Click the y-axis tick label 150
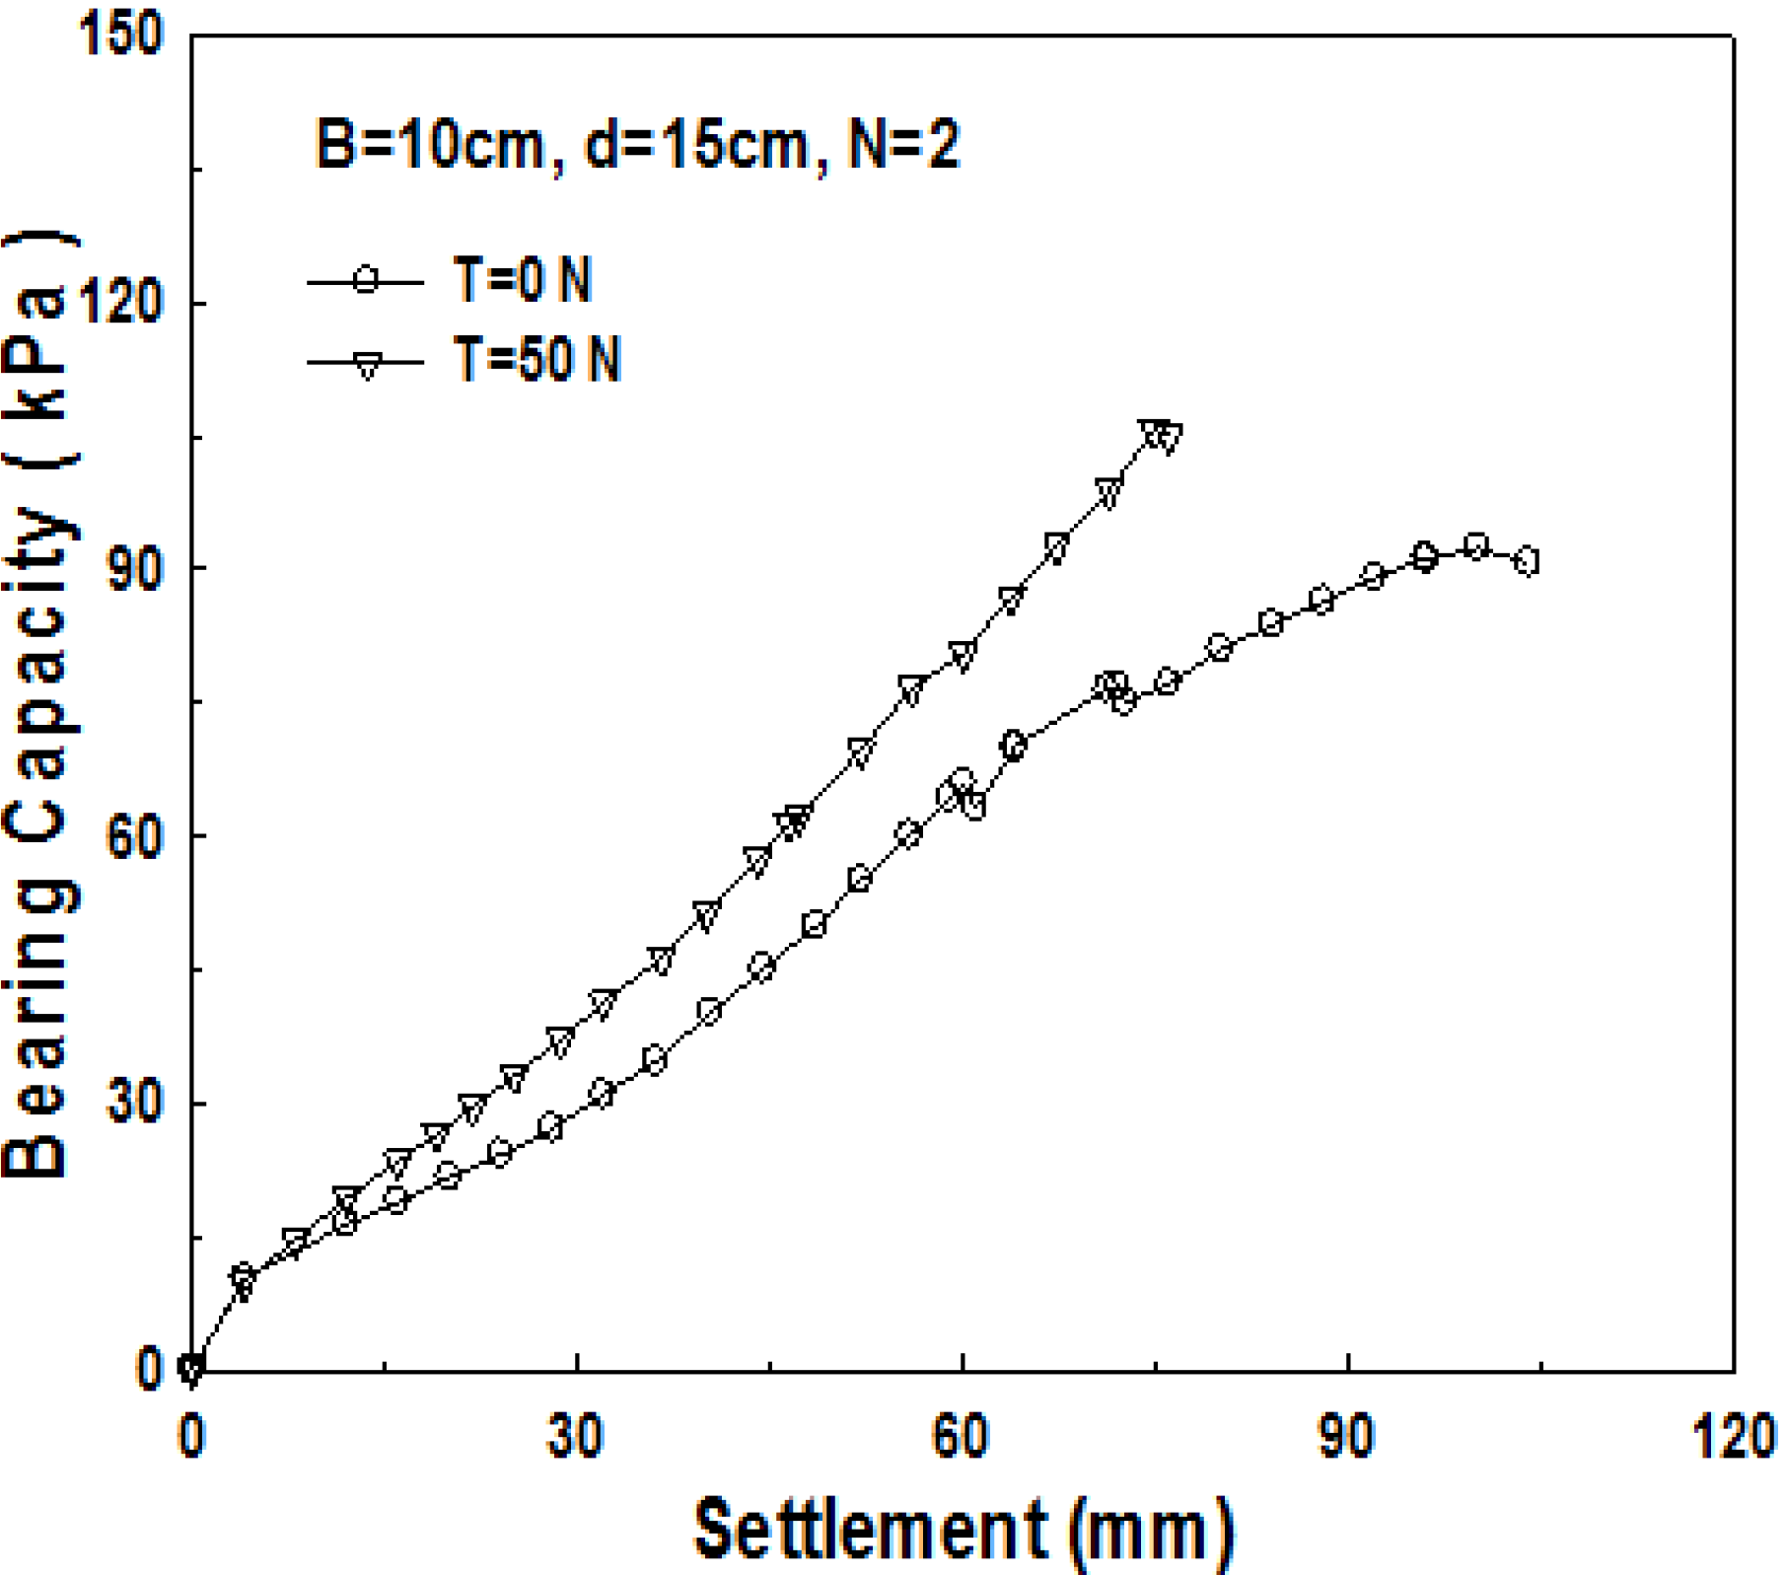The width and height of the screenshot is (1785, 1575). pyautogui.click(x=119, y=36)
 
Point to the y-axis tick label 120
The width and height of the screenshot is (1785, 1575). pyautogui.click(x=119, y=302)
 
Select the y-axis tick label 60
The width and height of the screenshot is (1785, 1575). pyautogui.click(x=133, y=836)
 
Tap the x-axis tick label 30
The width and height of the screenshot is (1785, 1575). pyautogui.click(x=576, y=1438)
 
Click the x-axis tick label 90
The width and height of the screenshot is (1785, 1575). pyautogui.click(x=1347, y=1438)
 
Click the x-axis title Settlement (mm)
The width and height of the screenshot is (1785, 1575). pyautogui.click(x=963, y=1530)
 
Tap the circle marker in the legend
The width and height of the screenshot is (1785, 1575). pyautogui.click(x=367, y=281)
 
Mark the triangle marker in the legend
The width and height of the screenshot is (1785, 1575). pyautogui.click(x=367, y=365)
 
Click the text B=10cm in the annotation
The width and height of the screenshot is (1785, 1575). pyautogui.click(x=430, y=145)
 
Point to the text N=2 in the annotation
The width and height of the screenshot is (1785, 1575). pyautogui.click(x=903, y=145)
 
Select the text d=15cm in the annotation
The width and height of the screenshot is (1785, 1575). pyautogui.click(x=696, y=145)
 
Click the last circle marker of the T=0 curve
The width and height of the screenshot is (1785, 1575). pyautogui.click(x=1527, y=561)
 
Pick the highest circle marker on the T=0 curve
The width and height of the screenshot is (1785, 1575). pyautogui.click(x=1475, y=545)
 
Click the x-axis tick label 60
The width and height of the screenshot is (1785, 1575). pyautogui.click(x=962, y=1438)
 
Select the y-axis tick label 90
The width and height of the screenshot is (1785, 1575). pyautogui.click(x=133, y=569)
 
